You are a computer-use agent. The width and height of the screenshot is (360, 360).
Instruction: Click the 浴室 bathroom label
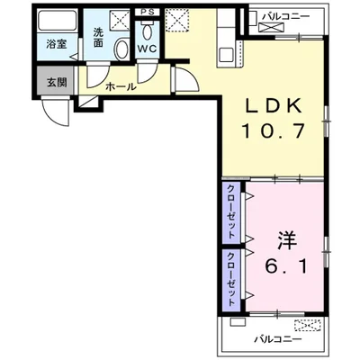[56, 42]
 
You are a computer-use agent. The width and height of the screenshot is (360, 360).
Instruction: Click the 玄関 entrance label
[56, 81]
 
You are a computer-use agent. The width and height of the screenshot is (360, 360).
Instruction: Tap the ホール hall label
[121, 86]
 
